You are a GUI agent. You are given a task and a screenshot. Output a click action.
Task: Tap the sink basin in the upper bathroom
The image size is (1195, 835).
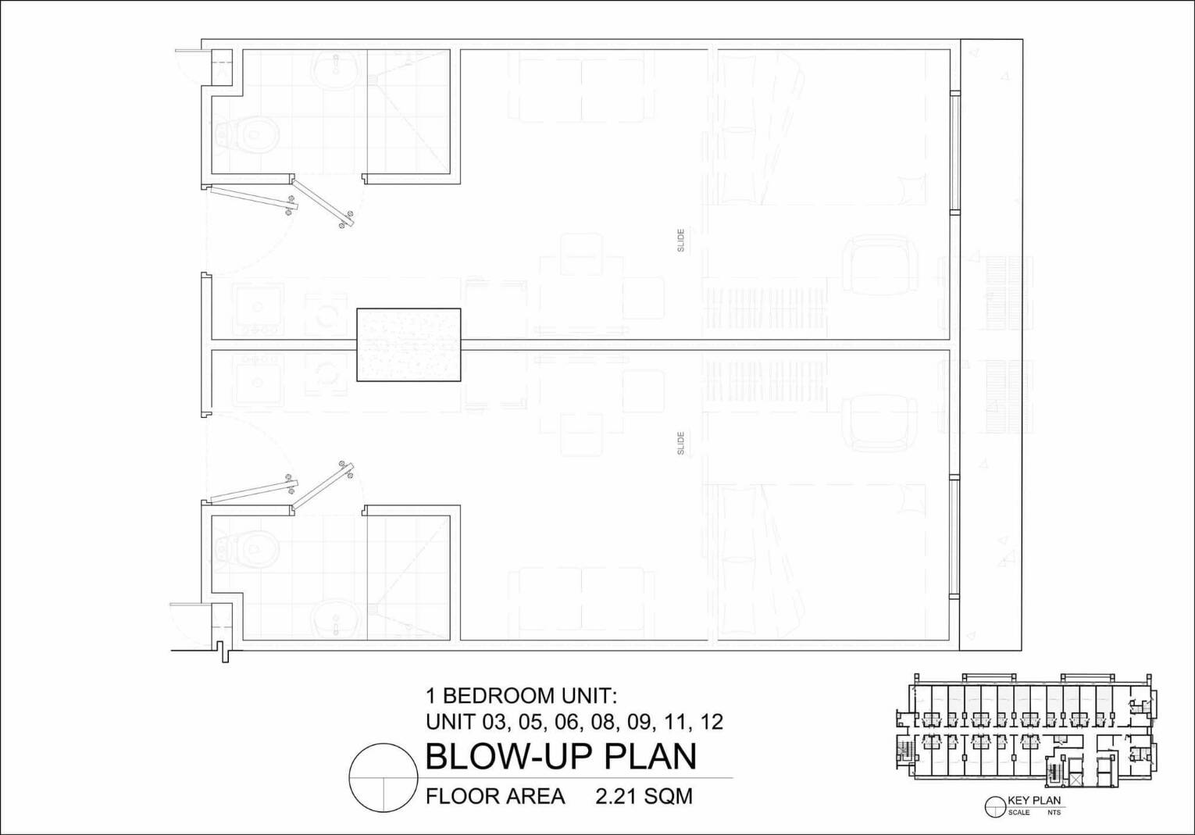tap(336, 70)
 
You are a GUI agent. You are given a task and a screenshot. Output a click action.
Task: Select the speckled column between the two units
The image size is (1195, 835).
tap(408, 344)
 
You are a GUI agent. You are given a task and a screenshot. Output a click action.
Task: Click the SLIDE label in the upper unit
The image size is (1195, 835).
tap(680, 241)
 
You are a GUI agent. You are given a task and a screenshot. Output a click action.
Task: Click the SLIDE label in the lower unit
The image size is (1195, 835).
tap(680, 444)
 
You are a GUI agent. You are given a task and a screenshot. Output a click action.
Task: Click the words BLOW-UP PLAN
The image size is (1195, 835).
tap(562, 756)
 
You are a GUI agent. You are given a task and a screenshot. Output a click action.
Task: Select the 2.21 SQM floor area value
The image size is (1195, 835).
tap(644, 797)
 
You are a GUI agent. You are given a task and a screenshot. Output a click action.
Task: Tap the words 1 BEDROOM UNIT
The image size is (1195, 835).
tap(521, 696)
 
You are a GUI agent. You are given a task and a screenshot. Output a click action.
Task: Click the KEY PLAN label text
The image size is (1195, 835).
tap(1034, 815)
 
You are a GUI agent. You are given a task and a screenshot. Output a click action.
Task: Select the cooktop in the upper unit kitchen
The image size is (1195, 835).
tap(259, 309)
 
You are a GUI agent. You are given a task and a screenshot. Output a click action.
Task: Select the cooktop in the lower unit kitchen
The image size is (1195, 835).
tap(259, 380)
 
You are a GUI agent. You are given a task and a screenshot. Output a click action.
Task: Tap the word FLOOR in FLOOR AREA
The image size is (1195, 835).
tap(461, 797)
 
